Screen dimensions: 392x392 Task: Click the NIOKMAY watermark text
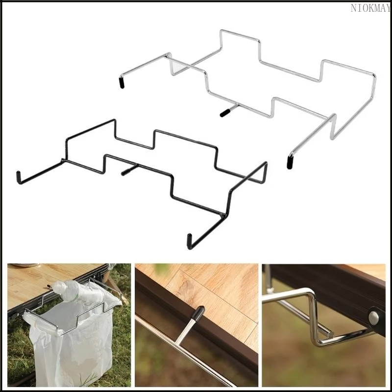tap(370, 8)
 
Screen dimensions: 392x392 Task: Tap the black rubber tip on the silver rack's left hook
tap(122, 83)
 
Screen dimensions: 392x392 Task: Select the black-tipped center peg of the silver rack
tap(228, 111)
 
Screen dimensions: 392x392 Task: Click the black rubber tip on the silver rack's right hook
tap(290, 163)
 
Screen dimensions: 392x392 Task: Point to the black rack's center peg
tap(129, 170)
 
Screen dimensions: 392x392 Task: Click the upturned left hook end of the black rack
tap(18, 177)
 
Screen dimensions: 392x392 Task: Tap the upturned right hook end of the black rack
tap(190, 242)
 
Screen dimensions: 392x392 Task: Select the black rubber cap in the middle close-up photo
tap(198, 313)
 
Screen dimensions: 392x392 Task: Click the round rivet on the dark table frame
tap(373, 318)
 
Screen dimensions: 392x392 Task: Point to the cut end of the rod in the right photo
tap(330, 334)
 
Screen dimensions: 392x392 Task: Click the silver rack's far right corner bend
tap(374, 75)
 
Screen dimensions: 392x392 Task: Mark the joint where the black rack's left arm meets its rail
tap(63, 160)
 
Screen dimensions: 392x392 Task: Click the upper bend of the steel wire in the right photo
tap(310, 293)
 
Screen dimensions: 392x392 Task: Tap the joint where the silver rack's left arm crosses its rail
tap(169, 56)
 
